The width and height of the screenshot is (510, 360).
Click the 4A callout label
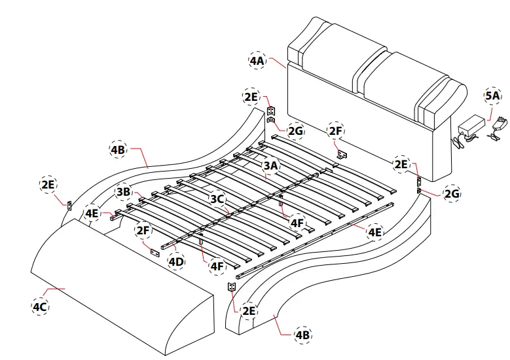[257, 61]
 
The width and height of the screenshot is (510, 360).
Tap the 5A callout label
[492, 96]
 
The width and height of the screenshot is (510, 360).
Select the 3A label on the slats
[271, 166]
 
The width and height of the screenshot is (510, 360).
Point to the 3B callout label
[123, 192]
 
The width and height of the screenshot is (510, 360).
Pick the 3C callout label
[218, 198]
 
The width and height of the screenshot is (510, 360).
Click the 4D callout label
[175, 262]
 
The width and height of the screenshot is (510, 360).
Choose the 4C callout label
[40, 306]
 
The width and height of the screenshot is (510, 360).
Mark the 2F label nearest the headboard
[336, 131]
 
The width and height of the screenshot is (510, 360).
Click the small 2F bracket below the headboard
[341, 154]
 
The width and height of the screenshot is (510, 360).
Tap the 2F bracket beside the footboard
[155, 251]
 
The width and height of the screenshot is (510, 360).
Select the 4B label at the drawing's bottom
[303, 334]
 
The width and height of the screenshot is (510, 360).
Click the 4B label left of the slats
[118, 149]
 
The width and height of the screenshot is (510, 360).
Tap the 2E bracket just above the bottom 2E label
[231, 287]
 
